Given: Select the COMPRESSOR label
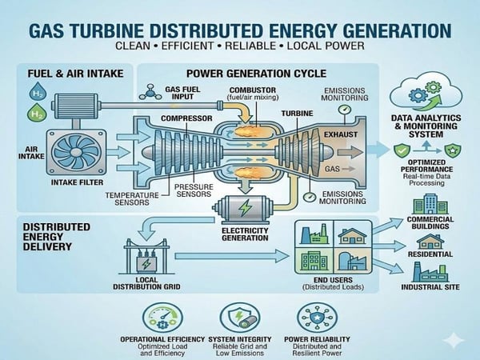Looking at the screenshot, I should [186, 118].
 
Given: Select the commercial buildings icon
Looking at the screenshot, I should [430, 203].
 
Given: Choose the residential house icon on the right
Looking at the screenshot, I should [430, 241].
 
